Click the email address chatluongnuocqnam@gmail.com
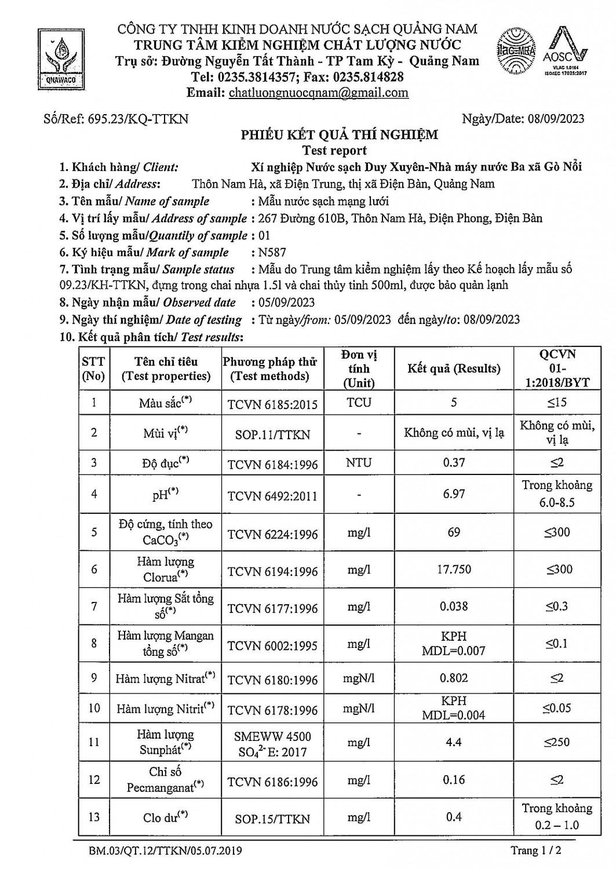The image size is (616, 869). click(319, 93)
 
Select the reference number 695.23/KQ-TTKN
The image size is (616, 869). click(138, 119)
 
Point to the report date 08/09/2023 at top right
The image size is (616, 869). click(556, 119)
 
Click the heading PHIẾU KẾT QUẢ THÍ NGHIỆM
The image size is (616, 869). click(340, 135)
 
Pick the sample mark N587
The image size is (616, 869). click(272, 253)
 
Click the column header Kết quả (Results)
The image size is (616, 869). click(453, 368)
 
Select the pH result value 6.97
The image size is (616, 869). click(454, 494)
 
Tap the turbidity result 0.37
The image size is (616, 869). click(454, 462)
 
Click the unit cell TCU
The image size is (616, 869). click(359, 403)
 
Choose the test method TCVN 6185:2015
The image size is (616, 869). click(272, 404)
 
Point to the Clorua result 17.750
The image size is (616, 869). click(454, 569)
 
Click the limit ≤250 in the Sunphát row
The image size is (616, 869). click(557, 742)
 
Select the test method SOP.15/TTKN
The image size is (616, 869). click(272, 819)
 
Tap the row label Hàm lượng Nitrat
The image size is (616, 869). click(165, 678)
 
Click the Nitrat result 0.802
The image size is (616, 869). click(454, 678)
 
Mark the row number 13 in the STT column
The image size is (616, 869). click(94, 817)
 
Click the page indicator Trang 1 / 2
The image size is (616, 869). click(536, 850)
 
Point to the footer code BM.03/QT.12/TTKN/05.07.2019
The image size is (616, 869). click(165, 851)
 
